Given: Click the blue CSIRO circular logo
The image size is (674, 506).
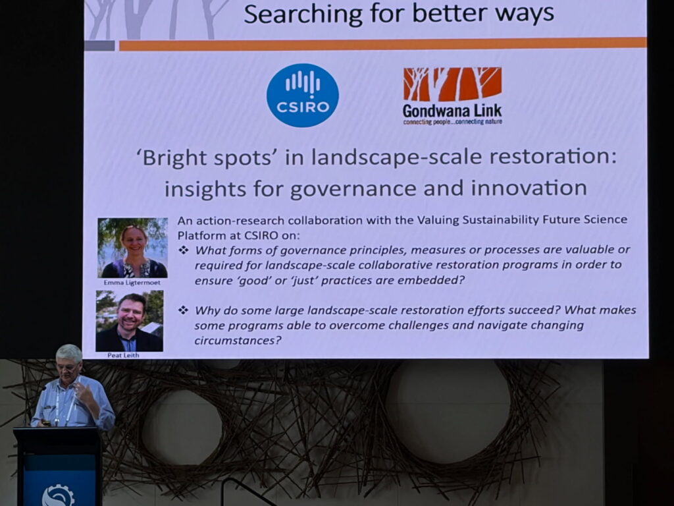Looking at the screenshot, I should coord(302,96).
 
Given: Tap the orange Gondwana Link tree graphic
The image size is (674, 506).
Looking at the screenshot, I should coord(452,84).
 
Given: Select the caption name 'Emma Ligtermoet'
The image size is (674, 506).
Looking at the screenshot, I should coord(132,282).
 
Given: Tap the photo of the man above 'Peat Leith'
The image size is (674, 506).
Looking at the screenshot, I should coord(129,322).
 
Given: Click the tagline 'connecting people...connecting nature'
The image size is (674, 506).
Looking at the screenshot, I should coord(452,121).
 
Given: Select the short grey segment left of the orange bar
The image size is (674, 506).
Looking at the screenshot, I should coord(99,45).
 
